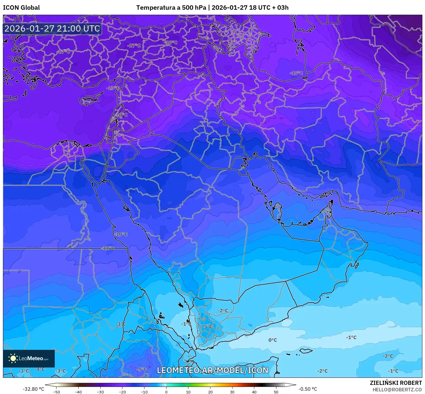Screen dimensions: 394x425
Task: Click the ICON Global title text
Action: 21,8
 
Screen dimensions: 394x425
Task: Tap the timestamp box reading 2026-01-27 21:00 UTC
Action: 52,29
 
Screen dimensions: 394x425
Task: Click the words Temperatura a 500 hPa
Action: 171,8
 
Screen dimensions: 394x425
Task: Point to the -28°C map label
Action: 171,42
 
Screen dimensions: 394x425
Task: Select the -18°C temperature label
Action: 296,73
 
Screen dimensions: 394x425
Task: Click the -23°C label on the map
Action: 113,88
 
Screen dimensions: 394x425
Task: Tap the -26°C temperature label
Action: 121,115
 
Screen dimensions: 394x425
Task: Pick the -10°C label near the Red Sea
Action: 121,234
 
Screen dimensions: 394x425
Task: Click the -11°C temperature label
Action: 108,248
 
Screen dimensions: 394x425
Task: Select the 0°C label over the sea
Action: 273,340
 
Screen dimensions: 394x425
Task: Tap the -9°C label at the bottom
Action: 142,369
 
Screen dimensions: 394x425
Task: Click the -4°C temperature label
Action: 39,369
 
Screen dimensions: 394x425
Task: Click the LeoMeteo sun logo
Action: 13,358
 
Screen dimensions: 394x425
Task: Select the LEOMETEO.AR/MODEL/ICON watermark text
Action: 213,370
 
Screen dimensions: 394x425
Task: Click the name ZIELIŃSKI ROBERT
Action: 396,383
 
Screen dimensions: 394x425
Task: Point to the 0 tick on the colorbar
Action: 166,392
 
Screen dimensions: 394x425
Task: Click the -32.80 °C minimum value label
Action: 33,389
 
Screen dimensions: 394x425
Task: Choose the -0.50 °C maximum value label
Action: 308,389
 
